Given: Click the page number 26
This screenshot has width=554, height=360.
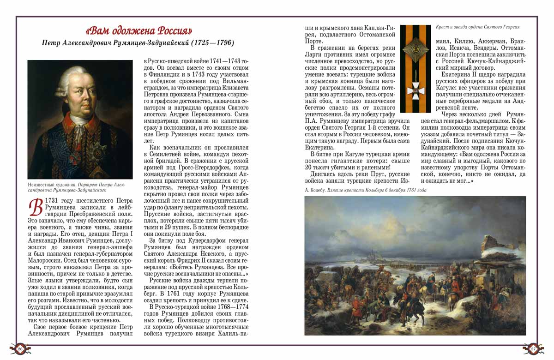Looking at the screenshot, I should click(20, 349).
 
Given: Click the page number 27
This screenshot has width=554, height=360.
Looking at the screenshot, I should click(533, 349).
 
